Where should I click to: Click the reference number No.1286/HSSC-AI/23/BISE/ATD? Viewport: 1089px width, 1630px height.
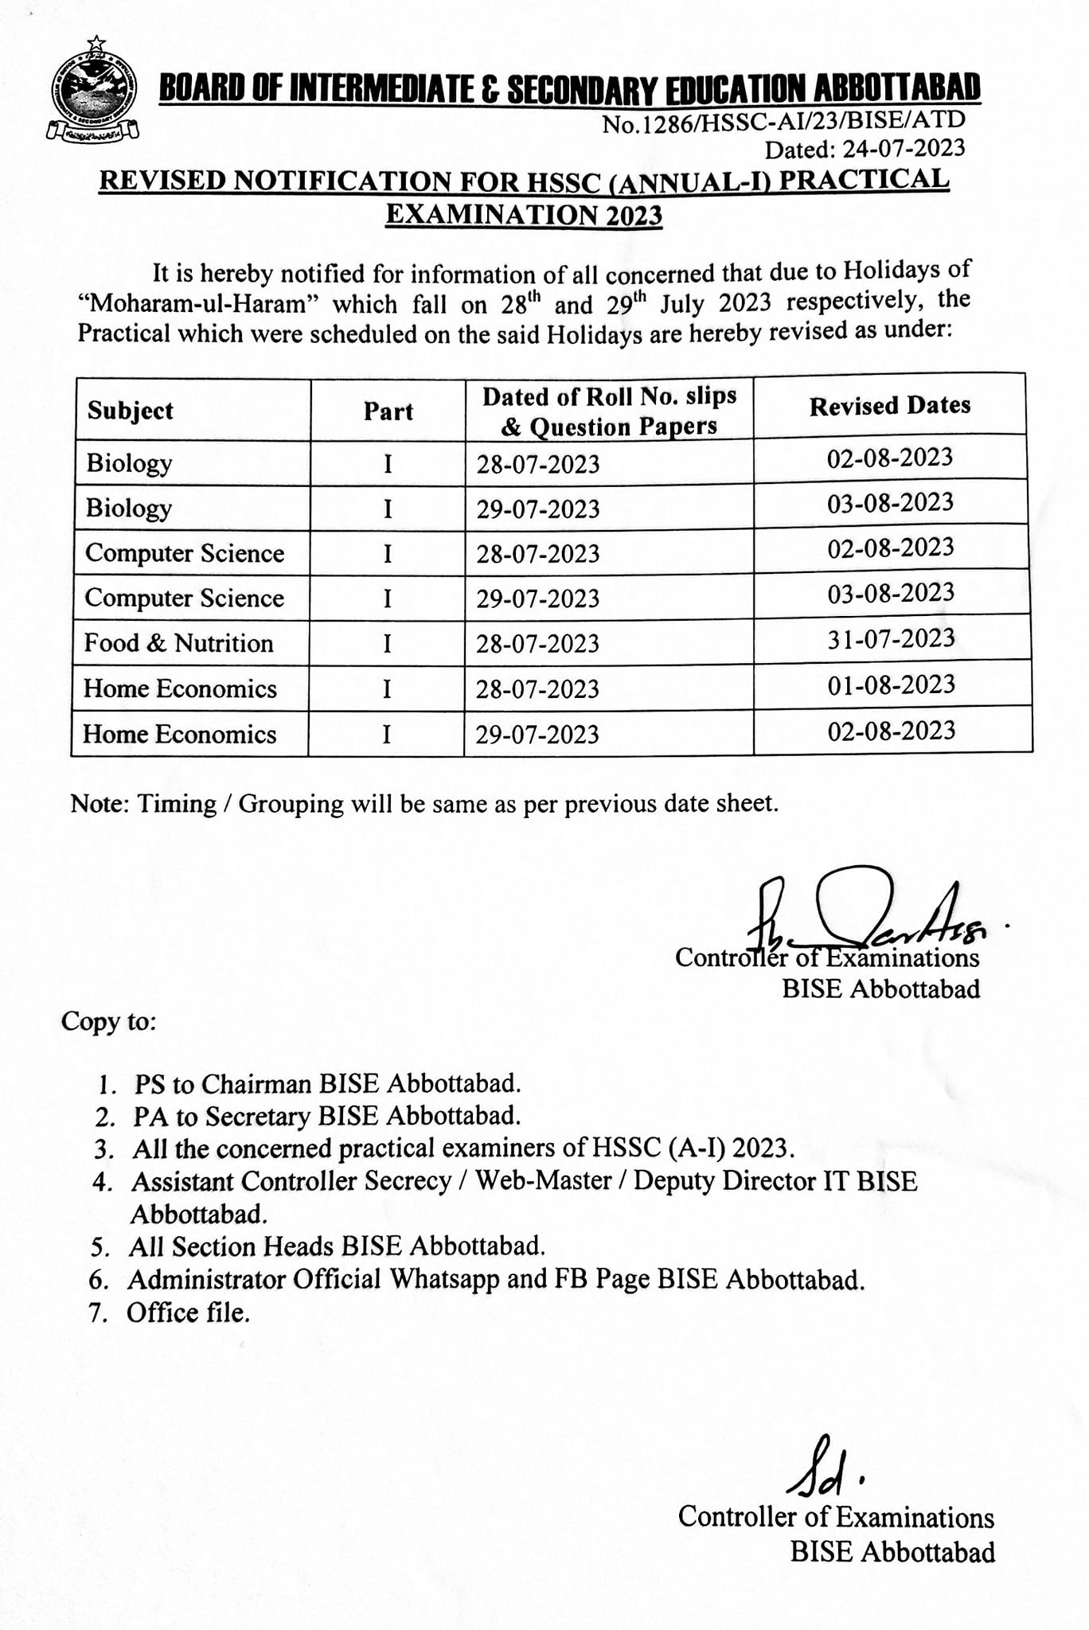783,122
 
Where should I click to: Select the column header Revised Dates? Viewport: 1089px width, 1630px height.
890,406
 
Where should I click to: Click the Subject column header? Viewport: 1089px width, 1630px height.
131,411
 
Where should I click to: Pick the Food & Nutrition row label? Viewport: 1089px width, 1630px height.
179,643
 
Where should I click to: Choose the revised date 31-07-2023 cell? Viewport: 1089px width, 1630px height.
891,638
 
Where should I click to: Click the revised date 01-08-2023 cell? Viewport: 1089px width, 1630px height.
891,684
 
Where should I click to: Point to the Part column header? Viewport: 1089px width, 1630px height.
388,411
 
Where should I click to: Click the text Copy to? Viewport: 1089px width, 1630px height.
109,1021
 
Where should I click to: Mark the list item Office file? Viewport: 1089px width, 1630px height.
188,1312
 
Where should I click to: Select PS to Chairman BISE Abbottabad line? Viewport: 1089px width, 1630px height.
327,1084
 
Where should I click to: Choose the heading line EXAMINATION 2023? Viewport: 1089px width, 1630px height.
524,215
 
